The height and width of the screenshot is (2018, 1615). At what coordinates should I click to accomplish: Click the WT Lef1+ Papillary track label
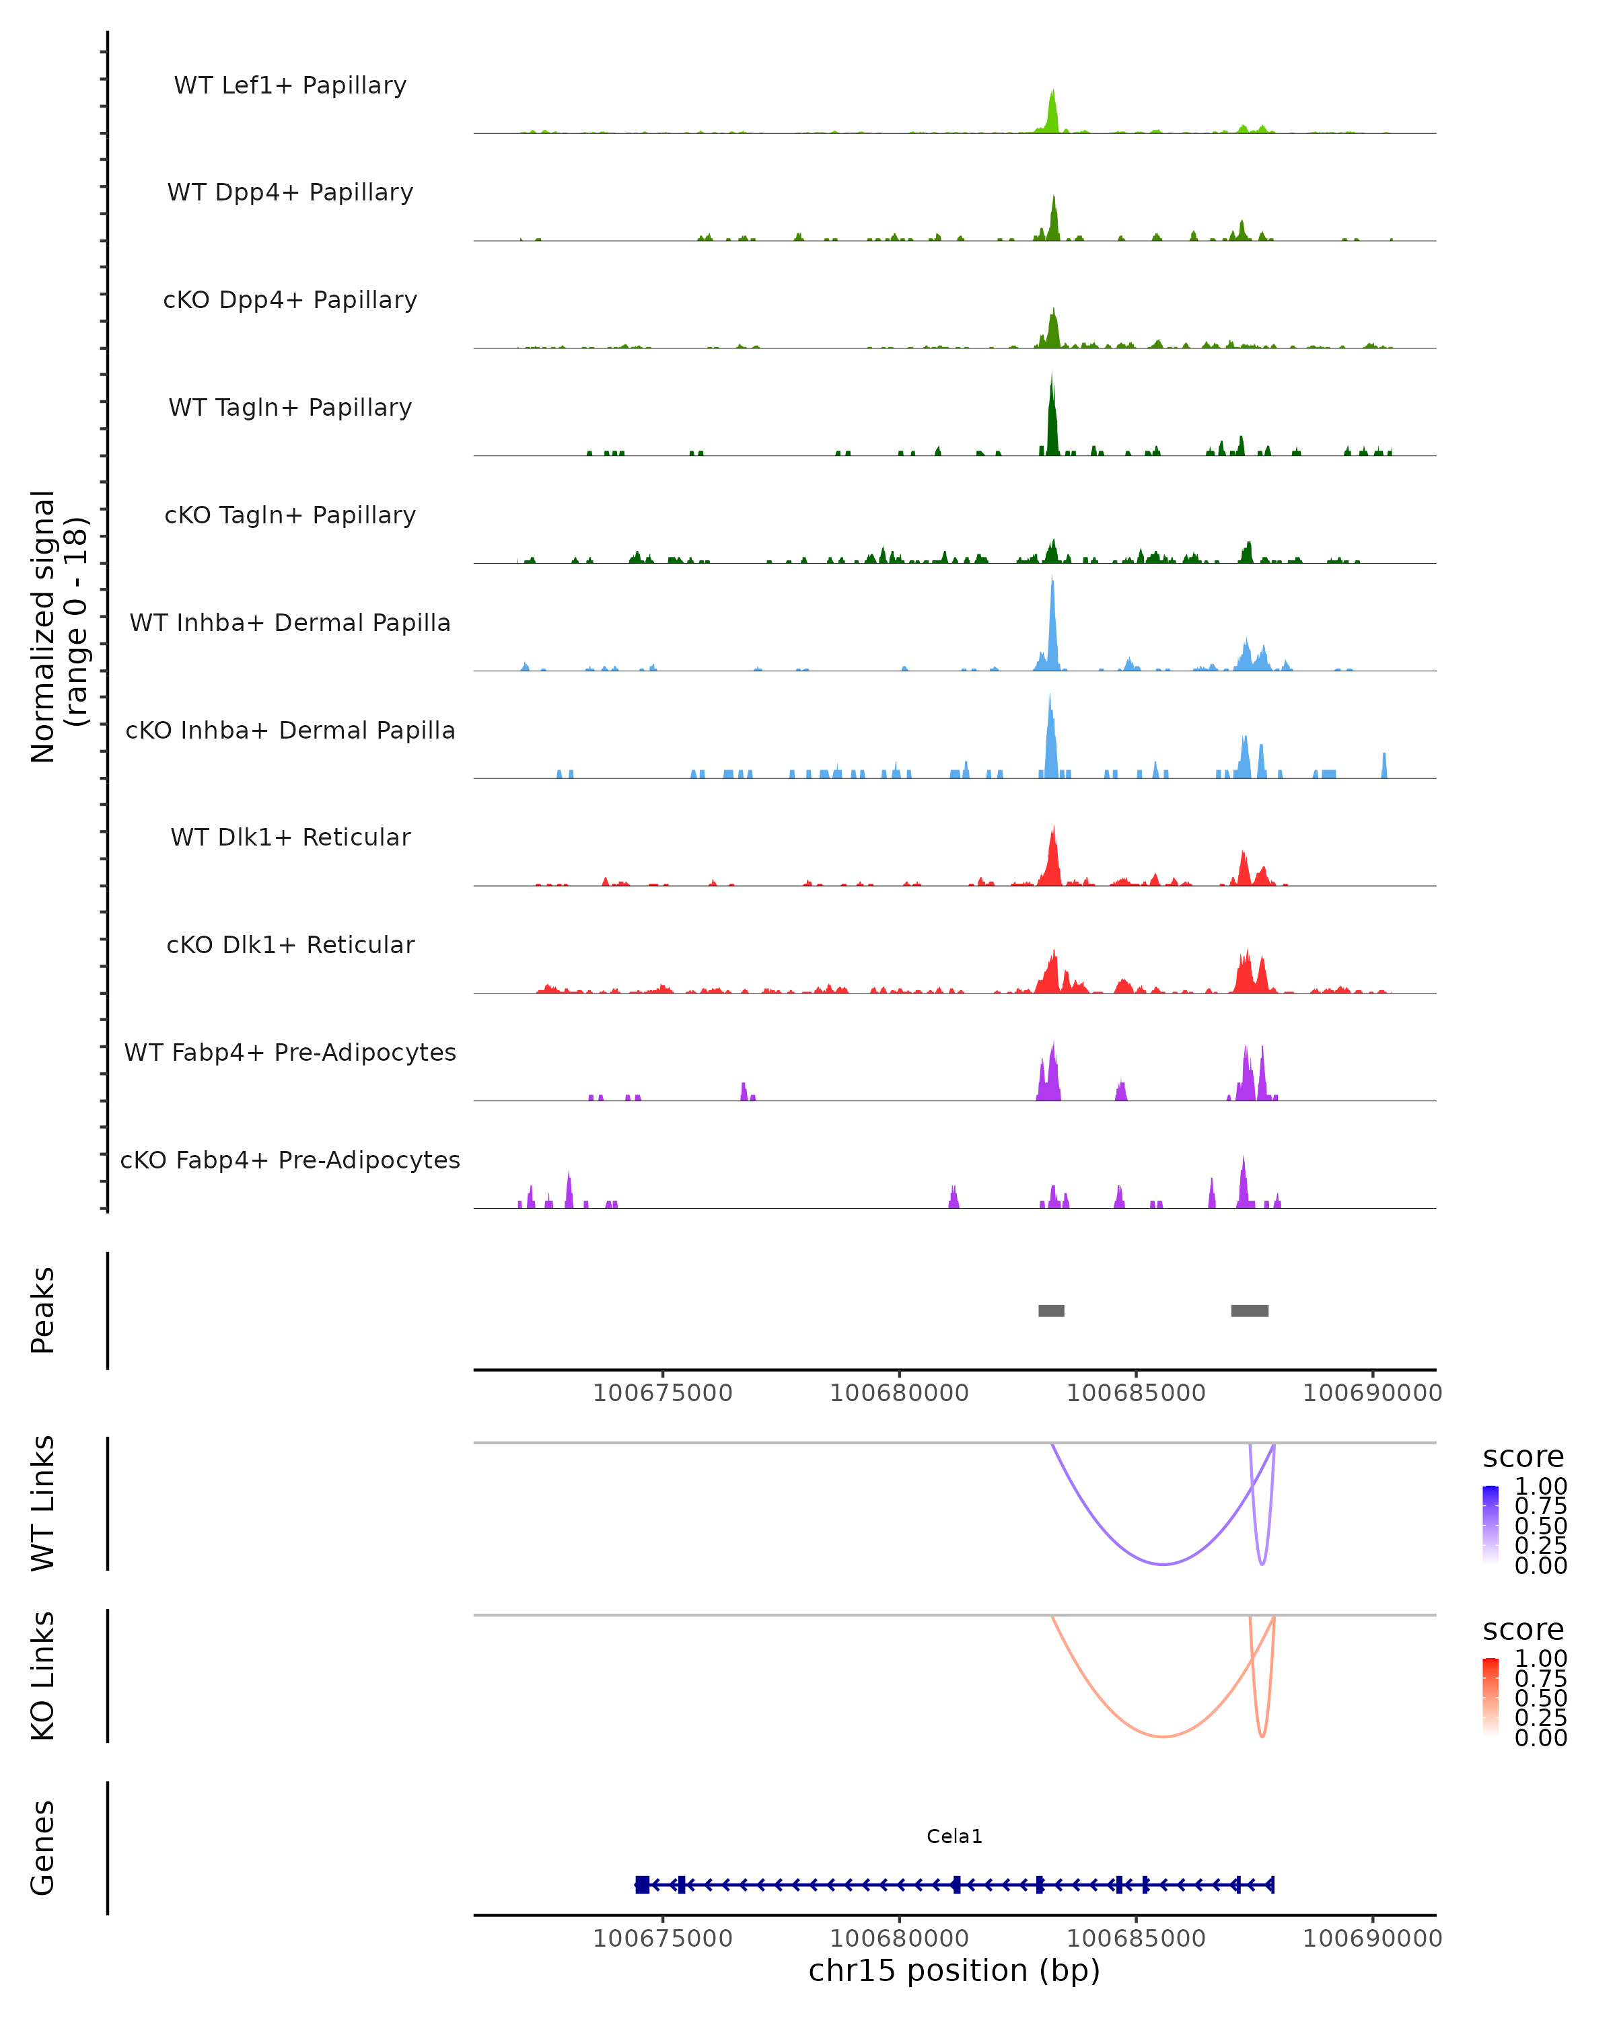[290, 85]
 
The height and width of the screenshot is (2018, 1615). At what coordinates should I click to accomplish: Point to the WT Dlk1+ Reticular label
[290, 837]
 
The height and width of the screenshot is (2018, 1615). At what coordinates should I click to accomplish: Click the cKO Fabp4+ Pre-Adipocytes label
[290, 1160]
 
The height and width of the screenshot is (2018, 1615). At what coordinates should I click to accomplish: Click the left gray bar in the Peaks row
[1051, 1310]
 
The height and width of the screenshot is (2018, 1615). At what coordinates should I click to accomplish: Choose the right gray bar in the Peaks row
[1250, 1310]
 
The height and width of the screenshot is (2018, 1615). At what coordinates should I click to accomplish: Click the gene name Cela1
[954, 1836]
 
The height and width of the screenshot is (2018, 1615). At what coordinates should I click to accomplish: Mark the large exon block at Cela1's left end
[642, 1885]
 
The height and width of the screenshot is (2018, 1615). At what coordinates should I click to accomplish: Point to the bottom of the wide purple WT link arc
[1163, 1564]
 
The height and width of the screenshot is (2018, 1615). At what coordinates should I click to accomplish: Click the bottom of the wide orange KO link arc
[1163, 1736]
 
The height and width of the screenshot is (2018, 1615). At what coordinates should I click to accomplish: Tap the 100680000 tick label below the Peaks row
[900, 1393]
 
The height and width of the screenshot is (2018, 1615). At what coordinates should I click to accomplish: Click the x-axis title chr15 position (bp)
[954, 1970]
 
